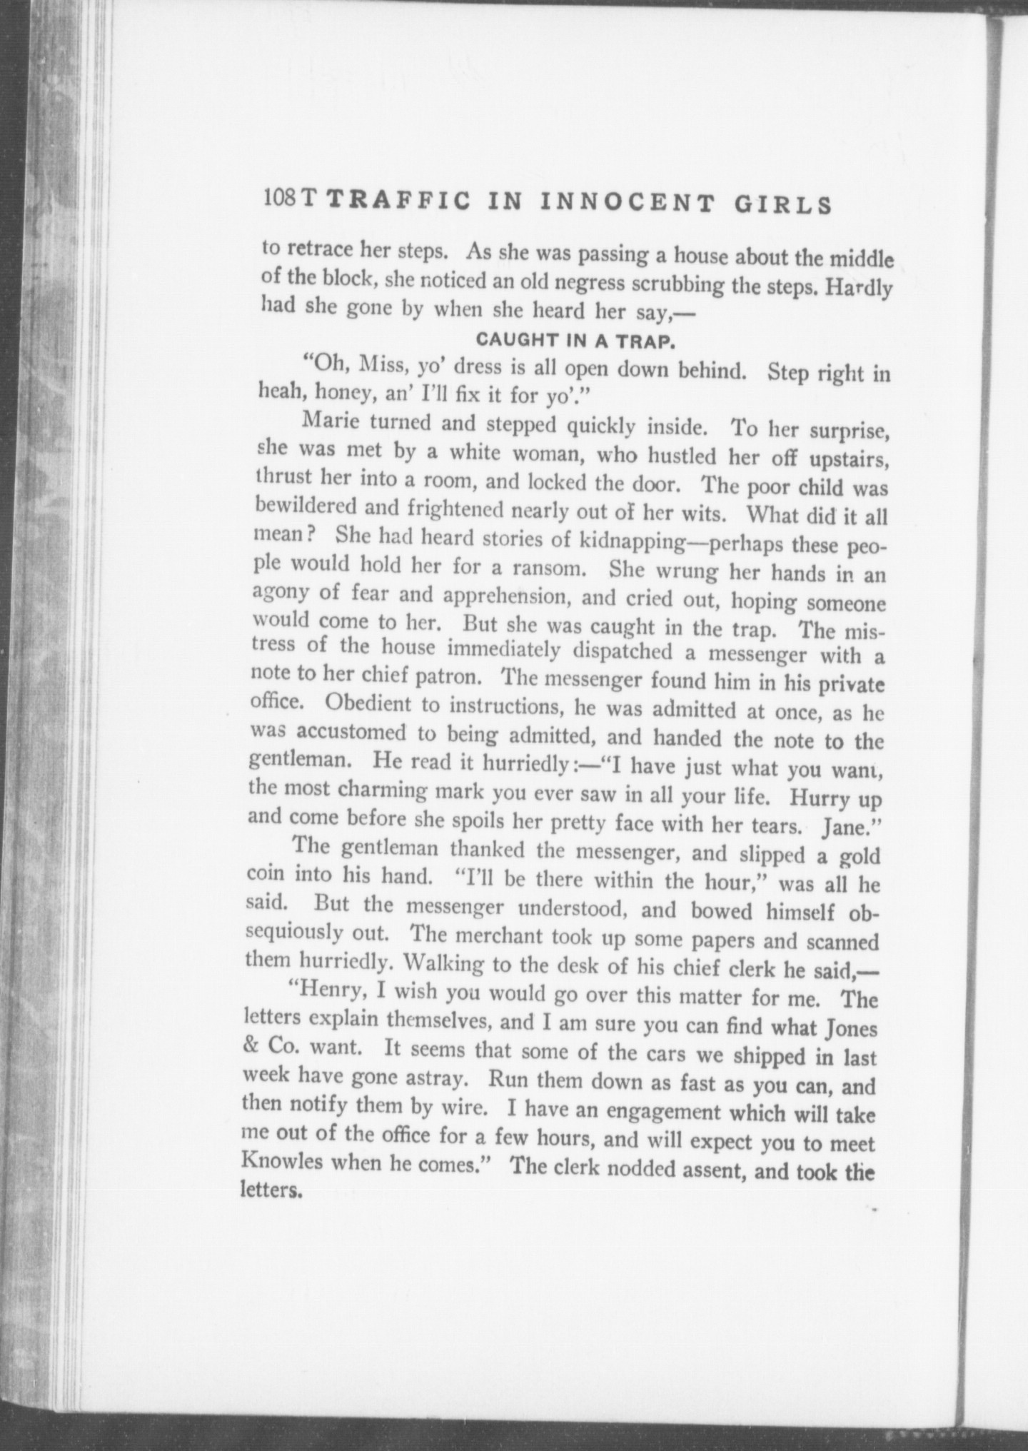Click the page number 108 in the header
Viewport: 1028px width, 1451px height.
click(x=280, y=198)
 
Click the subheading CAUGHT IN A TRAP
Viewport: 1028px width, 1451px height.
click(x=575, y=341)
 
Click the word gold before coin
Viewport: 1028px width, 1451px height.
click(x=860, y=856)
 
